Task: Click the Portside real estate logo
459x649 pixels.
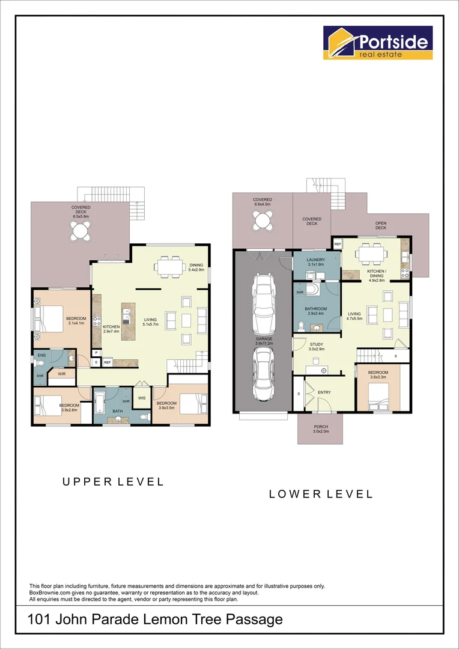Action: click(x=378, y=43)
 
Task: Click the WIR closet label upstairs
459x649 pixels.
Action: click(x=62, y=373)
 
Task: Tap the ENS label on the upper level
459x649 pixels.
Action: click(x=42, y=355)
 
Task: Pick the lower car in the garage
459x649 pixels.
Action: click(x=263, y=374)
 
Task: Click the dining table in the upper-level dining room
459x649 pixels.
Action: click(x=169, y=267)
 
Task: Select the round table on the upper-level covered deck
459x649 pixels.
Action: click(x=81, y=231)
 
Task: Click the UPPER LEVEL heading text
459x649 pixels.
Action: click(x=113, y=482)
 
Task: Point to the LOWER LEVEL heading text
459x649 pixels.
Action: click(x=321, y=494)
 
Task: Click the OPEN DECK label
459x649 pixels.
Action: click(x=381, y=225)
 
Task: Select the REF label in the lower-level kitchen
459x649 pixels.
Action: click(x=338, y=244)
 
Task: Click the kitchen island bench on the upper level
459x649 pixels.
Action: click(x=129, y=321)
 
